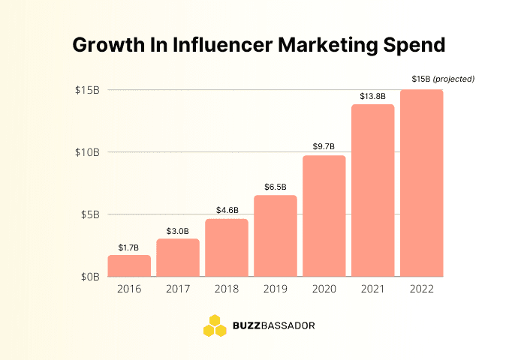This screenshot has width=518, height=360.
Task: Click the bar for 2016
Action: (x=129, y=265)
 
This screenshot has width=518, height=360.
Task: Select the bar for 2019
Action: (x=276, y=235)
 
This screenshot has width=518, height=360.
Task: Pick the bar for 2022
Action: (x=422, y=183)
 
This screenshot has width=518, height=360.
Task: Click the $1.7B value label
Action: (x=129, y=247)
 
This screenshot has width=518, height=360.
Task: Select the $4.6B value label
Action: (x=227, y=211)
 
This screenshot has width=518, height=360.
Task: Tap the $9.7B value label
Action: (x=324, y=146)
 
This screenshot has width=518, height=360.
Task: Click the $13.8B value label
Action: (x=373, y=95)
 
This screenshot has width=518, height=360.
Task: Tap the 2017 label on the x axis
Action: (x=178, y=288)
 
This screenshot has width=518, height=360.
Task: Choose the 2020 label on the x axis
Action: (x=324, y=288)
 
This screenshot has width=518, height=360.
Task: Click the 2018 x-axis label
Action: (x=227, y=288)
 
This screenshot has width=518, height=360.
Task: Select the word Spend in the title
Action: (x=412, y=44)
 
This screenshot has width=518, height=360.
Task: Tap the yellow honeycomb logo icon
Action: (x=215, y=325)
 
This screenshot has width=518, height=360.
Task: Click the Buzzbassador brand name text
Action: (x=274, y=326)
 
